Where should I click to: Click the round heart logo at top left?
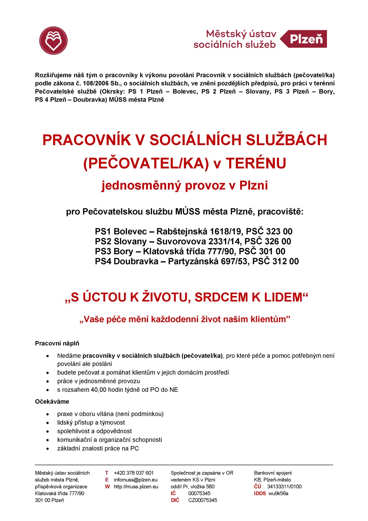tap(53, 41)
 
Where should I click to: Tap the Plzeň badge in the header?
tap(306, 39)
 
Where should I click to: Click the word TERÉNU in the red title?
tap(256, 163)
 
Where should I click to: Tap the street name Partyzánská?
tap(193, 261)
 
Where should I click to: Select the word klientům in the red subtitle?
tap(268, 319)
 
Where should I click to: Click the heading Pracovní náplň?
tap(57, 344)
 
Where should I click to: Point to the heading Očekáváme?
tap(52, 402)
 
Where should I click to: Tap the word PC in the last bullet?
tap(134, 448)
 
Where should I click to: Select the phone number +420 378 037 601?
tap(134, 473)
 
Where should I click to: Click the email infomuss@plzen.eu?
tap(136, 480)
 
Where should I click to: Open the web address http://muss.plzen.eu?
tap(136, 487)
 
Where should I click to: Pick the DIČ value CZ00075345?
tap(203, 500)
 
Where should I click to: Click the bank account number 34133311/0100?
tap(284, 487)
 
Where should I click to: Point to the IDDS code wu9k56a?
tap(278, 493)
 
